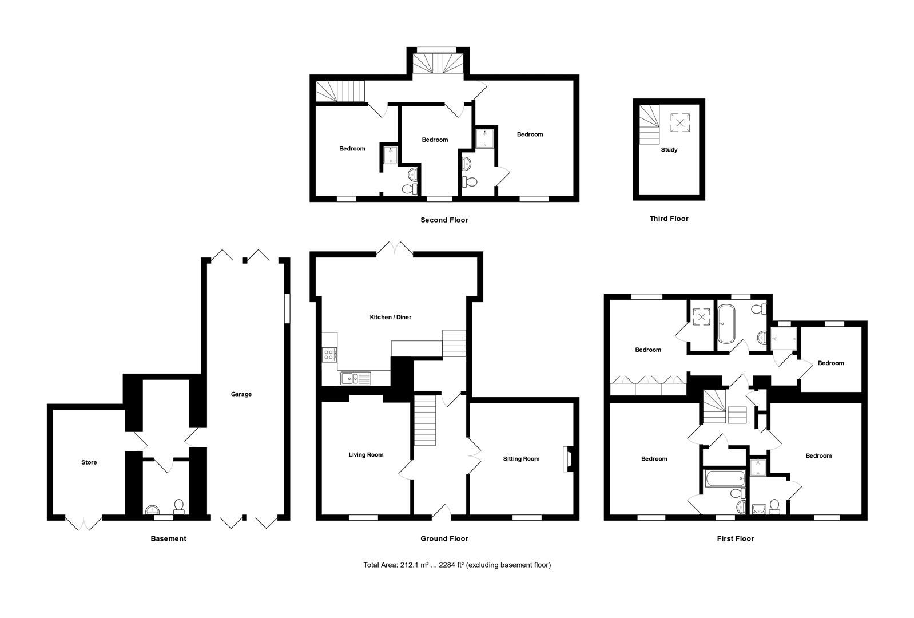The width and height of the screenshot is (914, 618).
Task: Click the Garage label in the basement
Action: (241, 394)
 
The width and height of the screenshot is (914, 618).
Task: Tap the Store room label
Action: (89, 462)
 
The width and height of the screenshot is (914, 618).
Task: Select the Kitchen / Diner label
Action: (391, 318)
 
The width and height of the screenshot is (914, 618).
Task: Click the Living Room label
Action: (366, 455)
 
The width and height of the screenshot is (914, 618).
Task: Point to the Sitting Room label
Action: (521, 459)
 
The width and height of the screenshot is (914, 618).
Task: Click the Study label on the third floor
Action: (669, 150)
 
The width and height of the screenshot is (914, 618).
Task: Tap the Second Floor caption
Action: (444, 220)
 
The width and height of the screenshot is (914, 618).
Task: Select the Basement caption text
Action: (168, 539)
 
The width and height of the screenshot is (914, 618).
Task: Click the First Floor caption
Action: (736, 539)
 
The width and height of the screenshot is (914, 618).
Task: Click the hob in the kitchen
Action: (330, 355)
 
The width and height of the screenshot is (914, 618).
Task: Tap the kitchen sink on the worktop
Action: (355, 378)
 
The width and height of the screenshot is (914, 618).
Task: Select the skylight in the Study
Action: (680, 122)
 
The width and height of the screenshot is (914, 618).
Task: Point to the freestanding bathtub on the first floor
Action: (726, 324)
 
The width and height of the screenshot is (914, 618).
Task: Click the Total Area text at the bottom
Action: (456, 565)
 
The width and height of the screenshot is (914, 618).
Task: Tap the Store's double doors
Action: (84, 522)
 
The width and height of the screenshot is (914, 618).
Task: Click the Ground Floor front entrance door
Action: (442, 512)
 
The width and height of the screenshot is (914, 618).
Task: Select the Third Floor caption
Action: (669, 219)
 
